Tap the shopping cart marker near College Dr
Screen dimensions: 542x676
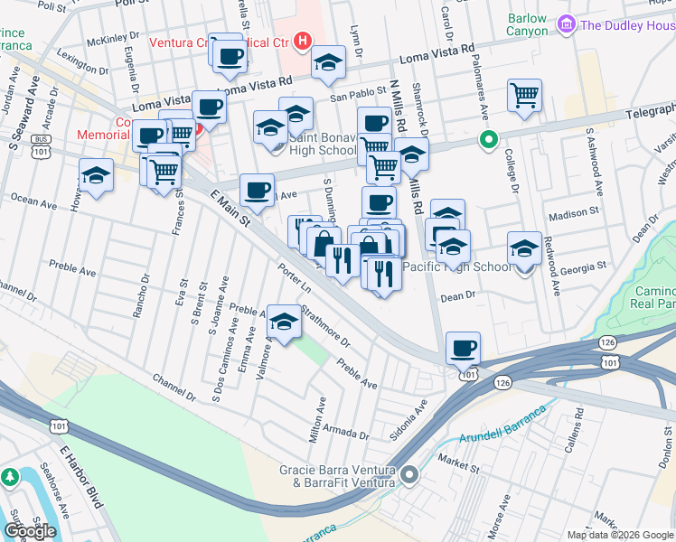point(524,95)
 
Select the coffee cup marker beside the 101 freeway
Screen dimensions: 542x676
point(464,348)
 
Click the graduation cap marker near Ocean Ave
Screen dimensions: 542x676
point(97,176)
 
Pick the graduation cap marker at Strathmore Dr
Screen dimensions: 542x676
point(285,324)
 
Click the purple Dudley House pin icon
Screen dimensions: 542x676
point(568,24)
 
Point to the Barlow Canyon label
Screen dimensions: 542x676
point(529,24)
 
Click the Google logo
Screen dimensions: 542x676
point(30,531)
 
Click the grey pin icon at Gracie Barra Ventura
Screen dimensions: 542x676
point(410,474)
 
